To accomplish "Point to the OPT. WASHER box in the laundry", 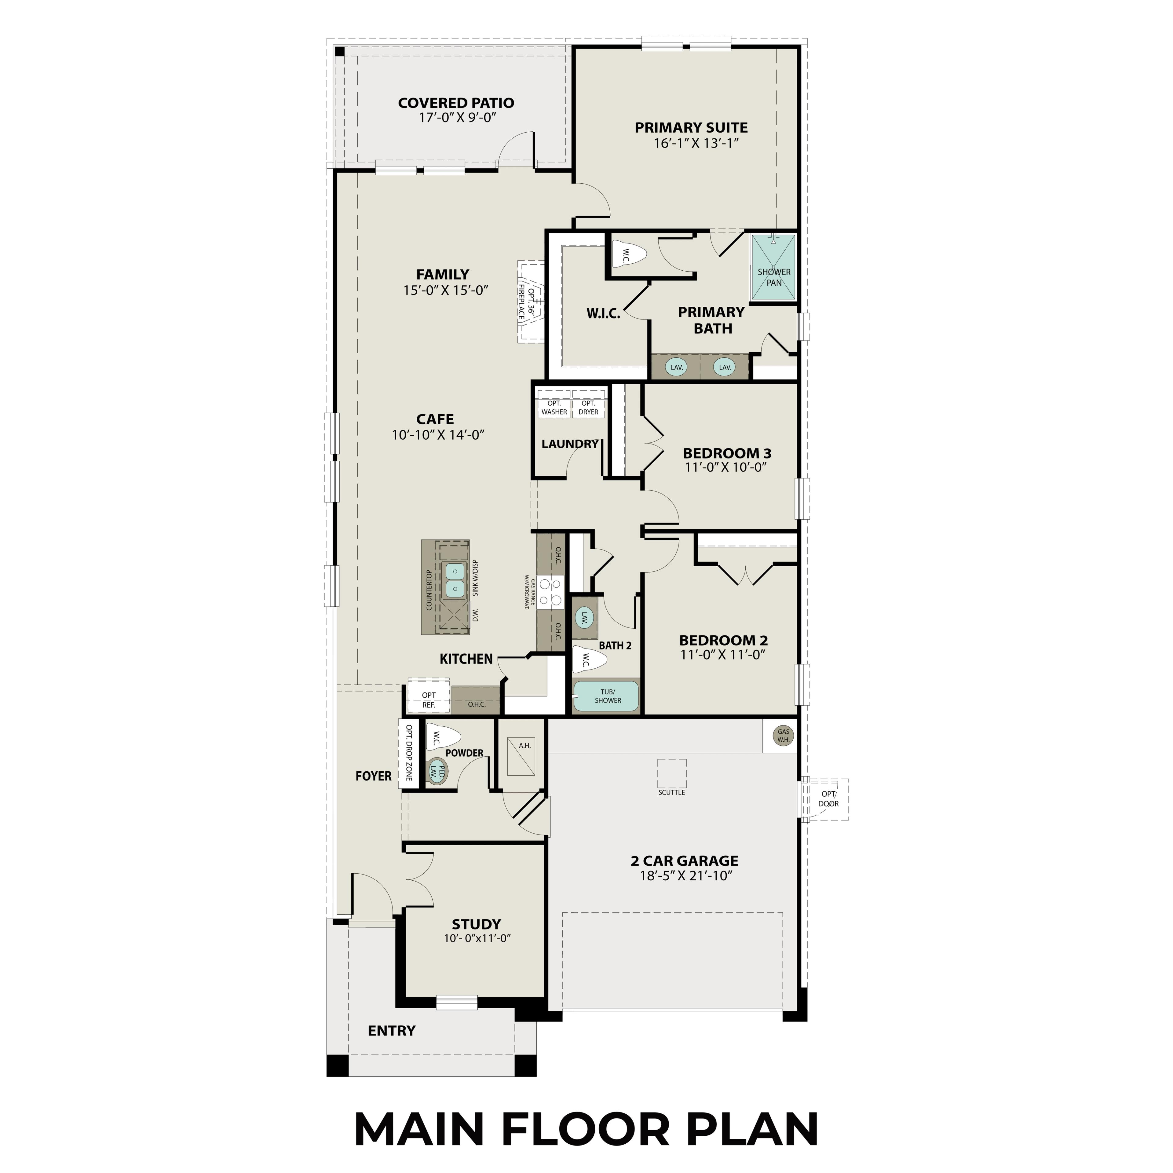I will click(x=554, y=407).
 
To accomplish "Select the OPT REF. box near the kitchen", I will click(x=429, y=700).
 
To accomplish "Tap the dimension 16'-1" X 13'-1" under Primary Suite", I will click(x=696, y=143).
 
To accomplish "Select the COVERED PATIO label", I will click(x=456, y=103).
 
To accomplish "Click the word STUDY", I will click(x=476, y=924).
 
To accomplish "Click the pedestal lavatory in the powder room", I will click(x=436, y=772).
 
